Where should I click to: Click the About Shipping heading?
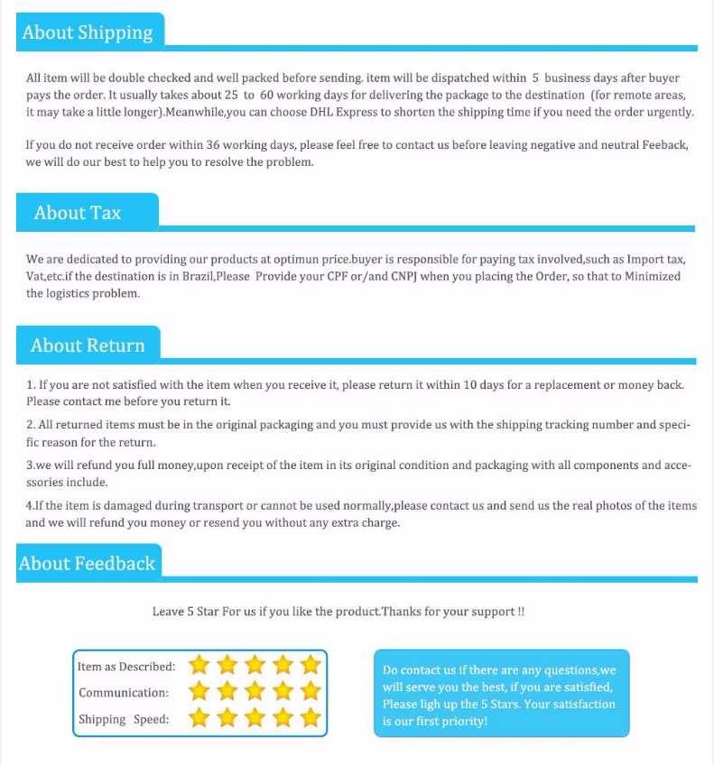pos(88,32)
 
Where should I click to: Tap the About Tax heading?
pos(78,213)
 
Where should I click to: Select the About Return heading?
pos(88,346)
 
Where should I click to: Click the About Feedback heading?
pos(88,564)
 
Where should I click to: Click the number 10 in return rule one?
pos(470,384)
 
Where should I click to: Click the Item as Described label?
pos(126,667)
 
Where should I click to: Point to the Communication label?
pos(124,693)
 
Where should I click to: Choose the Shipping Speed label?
pos(124,719)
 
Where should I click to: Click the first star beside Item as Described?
pos(199,666)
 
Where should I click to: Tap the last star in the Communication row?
pos(311,692)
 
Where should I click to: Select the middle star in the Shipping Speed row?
pos(255,718)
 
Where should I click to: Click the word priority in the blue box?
pos(465,722)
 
